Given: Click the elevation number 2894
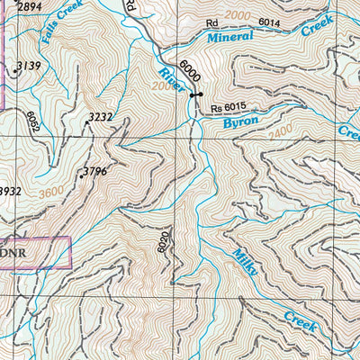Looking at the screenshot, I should click(x=29, y=7).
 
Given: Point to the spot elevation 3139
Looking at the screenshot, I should click(x=29, y=66).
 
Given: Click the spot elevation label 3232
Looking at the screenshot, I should click(x=99, y=116).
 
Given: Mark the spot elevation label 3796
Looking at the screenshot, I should click(x=95, y=171).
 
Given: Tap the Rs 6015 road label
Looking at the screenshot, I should click(x=228, y=109).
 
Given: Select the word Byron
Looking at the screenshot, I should click(x=240, y=121).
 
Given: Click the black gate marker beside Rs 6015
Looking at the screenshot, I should click(x=195, y=94).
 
